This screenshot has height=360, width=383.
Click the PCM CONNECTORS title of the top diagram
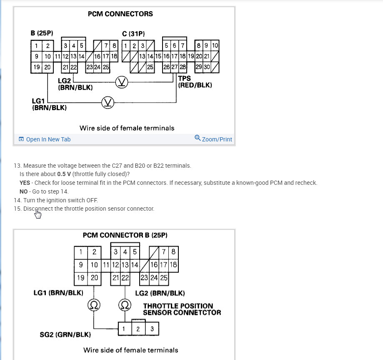pos(120,14)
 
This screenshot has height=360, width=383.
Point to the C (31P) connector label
pos(133,33)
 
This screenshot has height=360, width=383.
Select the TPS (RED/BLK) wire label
pos(195,82)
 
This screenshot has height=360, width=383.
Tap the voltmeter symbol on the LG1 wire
pos(108,101)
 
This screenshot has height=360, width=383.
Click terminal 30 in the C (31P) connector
pos(207,67)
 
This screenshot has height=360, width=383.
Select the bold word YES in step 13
pos(25,183)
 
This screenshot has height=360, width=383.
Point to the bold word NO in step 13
pos(24,191)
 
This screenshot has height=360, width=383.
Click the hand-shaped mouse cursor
pos(38,214)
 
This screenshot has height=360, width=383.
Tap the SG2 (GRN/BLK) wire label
pos(65,335)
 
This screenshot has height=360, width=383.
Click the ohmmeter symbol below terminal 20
pos(94,306)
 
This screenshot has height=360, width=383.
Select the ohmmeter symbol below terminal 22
pos(124,306)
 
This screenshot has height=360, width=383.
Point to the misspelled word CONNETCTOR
pos(198,312)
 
